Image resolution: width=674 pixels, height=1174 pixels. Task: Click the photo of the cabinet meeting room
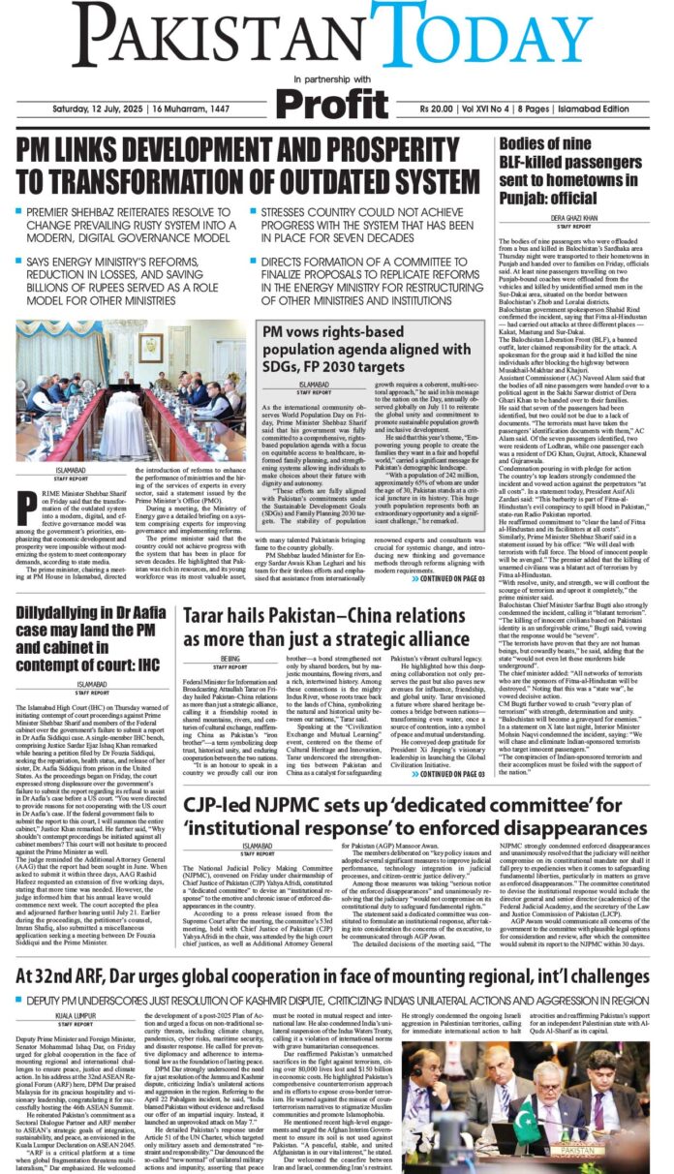129,374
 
